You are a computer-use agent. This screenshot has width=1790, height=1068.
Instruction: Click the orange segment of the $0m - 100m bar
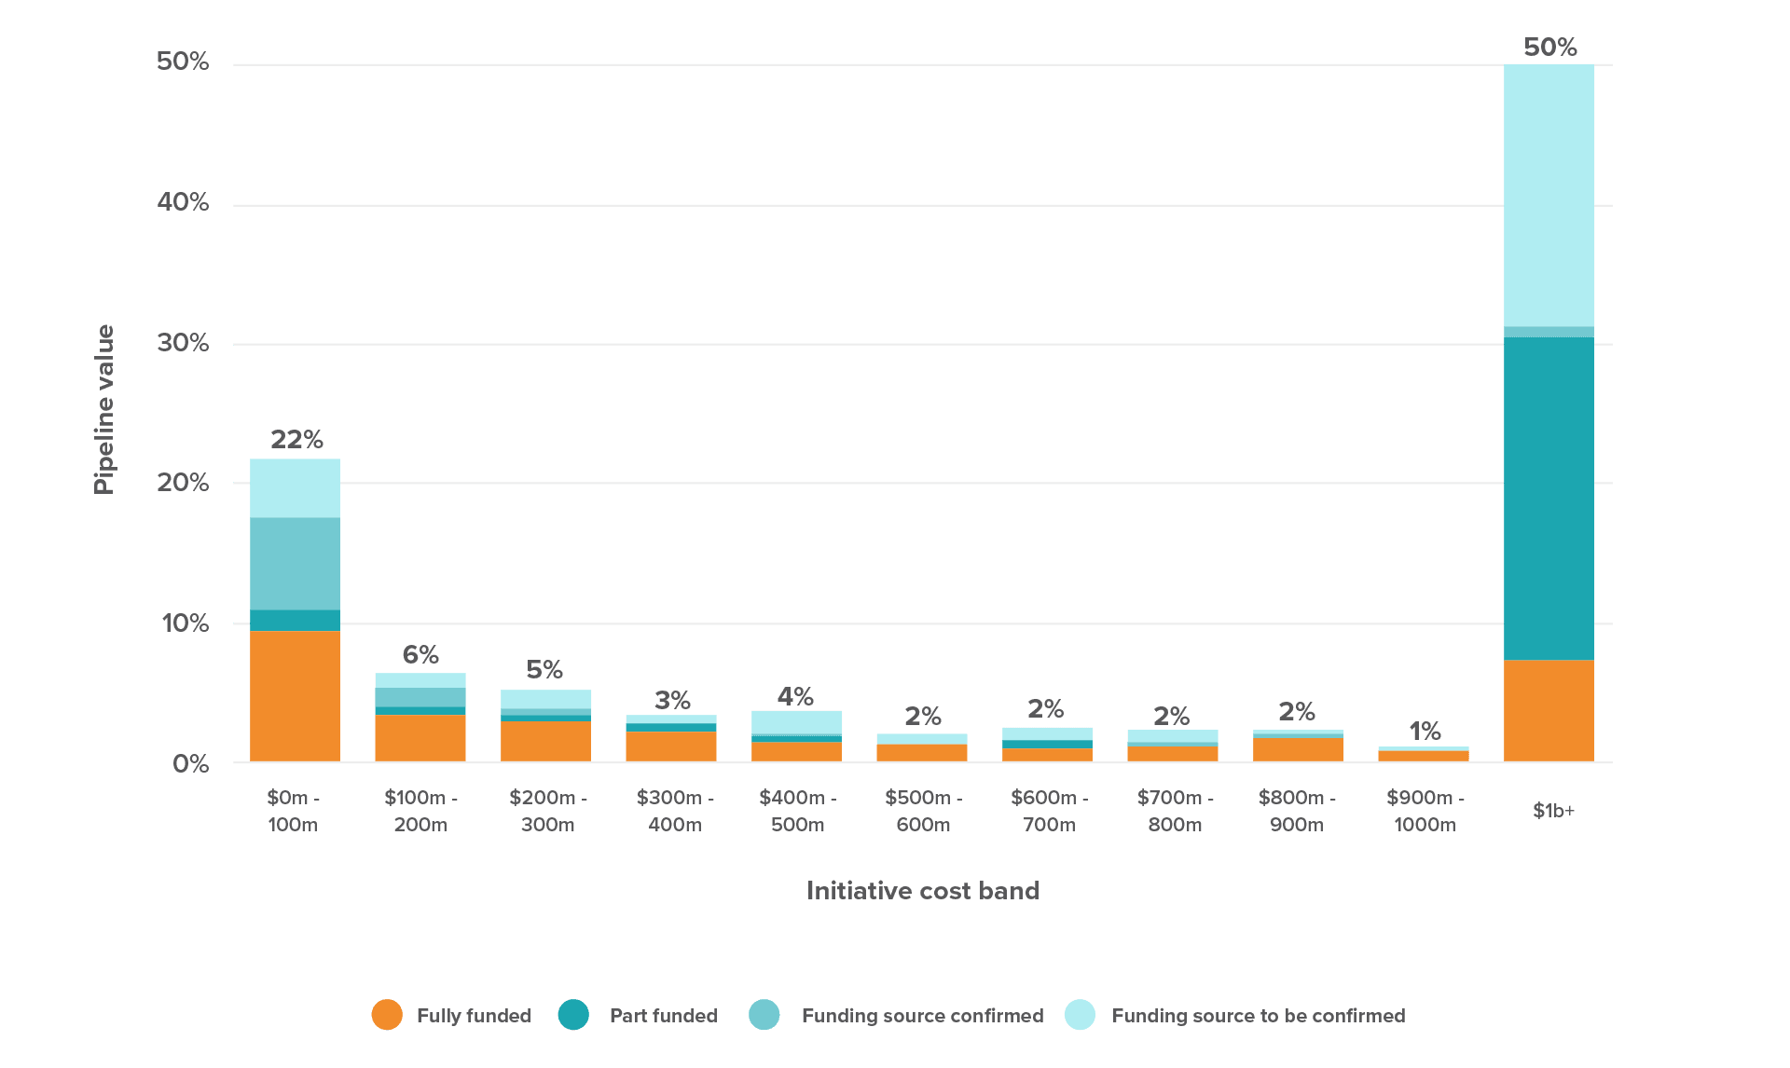[295, 696]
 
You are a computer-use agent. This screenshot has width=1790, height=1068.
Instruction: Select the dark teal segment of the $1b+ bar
[1549, 499]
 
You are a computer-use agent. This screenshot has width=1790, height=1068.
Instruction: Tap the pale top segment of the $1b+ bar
[1549, 196]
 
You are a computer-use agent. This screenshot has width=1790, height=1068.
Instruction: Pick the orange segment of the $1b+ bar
[1549, 711]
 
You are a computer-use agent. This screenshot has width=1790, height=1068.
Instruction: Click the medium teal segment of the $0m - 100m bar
[295, 563]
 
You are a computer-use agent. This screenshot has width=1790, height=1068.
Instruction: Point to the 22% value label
[296, 439]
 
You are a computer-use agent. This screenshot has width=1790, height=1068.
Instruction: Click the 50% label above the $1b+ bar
[1549, 47]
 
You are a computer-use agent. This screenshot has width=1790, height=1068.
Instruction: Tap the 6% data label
[420, 654]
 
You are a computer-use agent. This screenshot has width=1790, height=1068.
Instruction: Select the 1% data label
[1425, 731]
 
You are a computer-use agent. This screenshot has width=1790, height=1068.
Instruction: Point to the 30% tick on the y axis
[183, 343]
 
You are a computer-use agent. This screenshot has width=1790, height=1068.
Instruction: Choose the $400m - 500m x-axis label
[797, 811]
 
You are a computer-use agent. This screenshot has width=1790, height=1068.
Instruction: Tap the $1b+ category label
[1553, 811]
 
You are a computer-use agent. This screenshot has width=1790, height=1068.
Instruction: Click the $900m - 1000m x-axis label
[1425, 811]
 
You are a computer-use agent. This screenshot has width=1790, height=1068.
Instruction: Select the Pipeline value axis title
[103, 409]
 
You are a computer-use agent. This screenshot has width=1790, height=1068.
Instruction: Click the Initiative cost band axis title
[922, 891]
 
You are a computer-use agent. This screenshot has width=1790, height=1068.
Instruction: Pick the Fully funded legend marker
[387, 1015]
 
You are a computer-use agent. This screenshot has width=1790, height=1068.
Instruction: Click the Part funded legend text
[663, 1016]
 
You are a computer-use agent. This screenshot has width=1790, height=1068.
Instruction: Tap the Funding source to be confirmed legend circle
[1080, 1015]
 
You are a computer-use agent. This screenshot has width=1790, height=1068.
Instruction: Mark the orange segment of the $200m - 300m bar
[545, 741]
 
